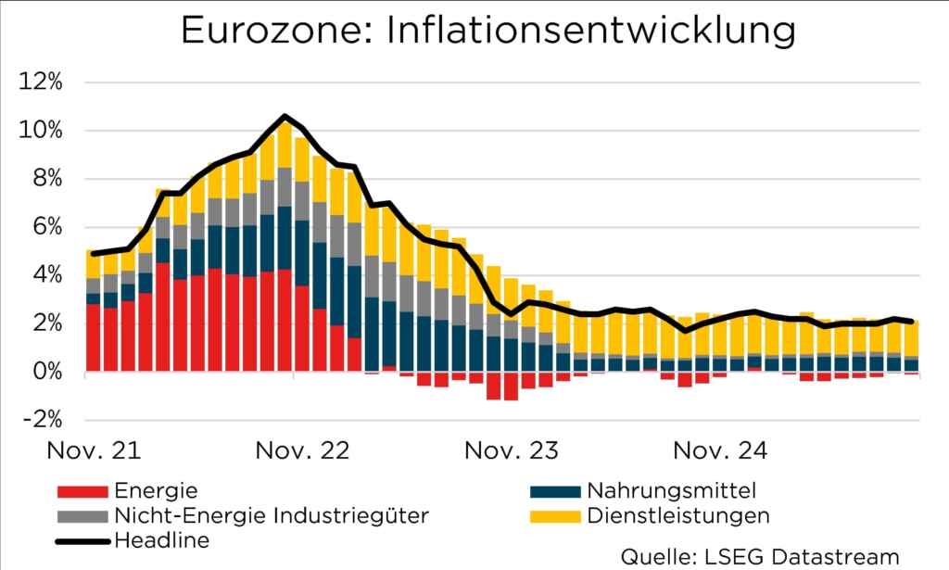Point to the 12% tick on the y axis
pos(40,82)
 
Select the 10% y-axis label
pos(40,130)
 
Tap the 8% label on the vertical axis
pos(44,178)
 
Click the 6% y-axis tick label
pos(44,226)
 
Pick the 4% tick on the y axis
pos(44,274)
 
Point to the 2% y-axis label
pos(44,323)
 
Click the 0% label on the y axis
pos(44,371)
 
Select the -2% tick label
pos(40,419)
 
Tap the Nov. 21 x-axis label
pos(95,451)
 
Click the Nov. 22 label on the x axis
pos(303,451)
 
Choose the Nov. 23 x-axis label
pos(512,451)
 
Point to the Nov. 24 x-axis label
pos(720,451)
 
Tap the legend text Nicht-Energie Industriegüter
pos(271,514)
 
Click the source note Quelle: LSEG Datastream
pos(760,556)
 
